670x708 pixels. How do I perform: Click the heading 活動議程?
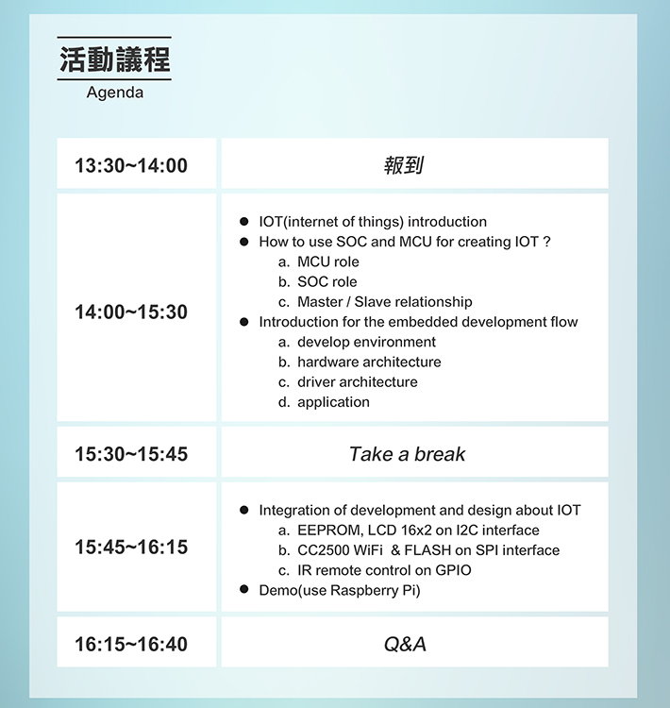click(115, 59)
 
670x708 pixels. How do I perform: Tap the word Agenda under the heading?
click(115, 93)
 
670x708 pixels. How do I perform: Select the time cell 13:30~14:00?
click(131, 165)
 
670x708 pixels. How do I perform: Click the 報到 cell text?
click(404, 165)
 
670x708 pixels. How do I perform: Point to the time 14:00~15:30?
click(131, 312)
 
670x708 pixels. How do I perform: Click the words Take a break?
click(407, 454)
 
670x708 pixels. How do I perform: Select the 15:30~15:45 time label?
click(131, 454)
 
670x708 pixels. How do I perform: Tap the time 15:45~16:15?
click(131, 548)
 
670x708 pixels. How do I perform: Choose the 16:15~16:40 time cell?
click(131, 645)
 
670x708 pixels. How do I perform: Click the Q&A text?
click(405, 645)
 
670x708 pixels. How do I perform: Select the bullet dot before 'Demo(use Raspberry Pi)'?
click(244, 589)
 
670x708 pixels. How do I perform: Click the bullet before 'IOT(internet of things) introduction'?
click(244, 221)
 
